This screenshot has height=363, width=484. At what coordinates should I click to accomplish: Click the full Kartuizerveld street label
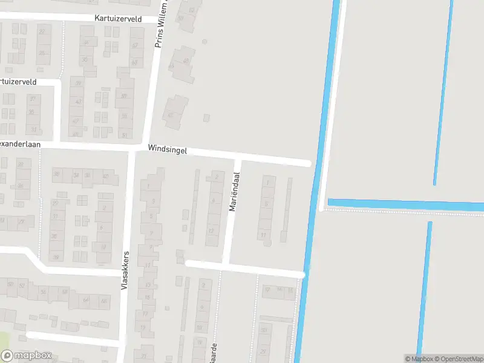coord(118,19)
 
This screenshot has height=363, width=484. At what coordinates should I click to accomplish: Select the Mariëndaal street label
coord(234,192)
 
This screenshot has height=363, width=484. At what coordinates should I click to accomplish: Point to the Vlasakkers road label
coord(125,270)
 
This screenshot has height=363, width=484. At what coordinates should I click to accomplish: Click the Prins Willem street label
coord(160,24)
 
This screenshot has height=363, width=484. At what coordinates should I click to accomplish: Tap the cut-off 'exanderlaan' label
coord(19,145)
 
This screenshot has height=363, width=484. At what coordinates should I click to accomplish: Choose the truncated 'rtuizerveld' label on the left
coord(18,82)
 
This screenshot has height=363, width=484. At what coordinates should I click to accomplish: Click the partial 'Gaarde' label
coord(213,353)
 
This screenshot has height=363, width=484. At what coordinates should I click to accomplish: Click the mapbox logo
coord(27,356)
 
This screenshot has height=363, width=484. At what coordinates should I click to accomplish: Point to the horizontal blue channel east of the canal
coord(405,204)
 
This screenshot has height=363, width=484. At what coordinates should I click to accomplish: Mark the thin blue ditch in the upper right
coord(443,91)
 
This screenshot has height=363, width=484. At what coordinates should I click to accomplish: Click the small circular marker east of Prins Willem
coord(204,42)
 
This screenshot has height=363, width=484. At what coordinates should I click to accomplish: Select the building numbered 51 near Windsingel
coord(125,134)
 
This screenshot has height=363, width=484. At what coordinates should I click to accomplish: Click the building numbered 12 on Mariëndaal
coord(211,231)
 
